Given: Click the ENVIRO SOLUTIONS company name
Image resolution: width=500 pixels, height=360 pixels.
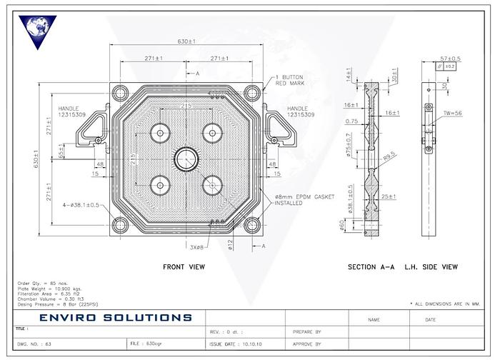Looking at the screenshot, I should [116, 317].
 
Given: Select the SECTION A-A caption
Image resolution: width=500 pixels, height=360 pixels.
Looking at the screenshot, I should [371, 267].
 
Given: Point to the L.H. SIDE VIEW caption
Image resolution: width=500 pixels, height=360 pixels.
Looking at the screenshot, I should [432, 267].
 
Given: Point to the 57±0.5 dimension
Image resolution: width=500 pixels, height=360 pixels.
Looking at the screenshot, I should [449, 59].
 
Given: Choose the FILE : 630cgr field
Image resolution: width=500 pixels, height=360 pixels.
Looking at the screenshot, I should [149, 344].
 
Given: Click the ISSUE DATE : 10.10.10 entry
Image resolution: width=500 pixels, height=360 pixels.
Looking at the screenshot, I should [236, 344].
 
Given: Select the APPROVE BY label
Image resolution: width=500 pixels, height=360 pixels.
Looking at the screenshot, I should [308, 344].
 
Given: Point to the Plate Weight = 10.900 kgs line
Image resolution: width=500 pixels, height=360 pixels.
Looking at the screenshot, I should [46, 288].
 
